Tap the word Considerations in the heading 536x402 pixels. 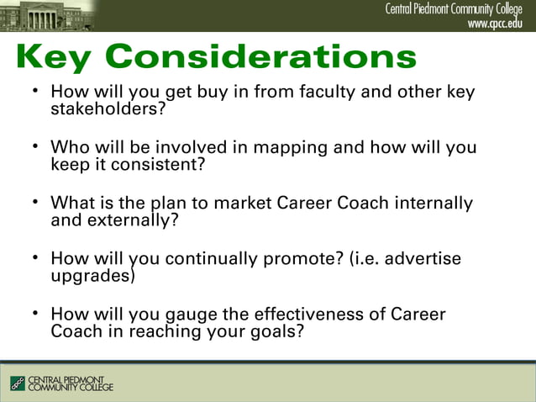[261, 56]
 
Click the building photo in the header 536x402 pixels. [50, 15]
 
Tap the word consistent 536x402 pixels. [149, 164]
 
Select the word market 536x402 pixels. [244, 204]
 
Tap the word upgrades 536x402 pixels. [91, 276]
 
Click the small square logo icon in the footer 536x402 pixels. [18, 383]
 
